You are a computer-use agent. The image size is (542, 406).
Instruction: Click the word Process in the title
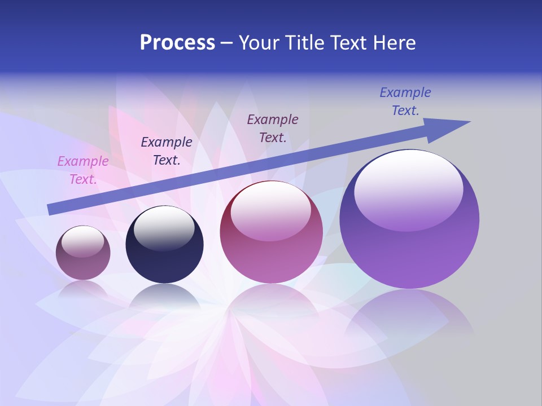[177, 43]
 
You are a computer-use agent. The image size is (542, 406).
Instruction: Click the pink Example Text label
[83, 170]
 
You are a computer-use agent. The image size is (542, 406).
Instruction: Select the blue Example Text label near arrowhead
[405, 101]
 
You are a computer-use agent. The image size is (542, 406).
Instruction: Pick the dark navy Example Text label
[167, 151]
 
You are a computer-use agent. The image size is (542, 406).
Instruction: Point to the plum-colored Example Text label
[273, 128]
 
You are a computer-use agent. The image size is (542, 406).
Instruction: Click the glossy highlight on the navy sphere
[164, 228]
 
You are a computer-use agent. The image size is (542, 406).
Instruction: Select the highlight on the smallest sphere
[82, 241]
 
